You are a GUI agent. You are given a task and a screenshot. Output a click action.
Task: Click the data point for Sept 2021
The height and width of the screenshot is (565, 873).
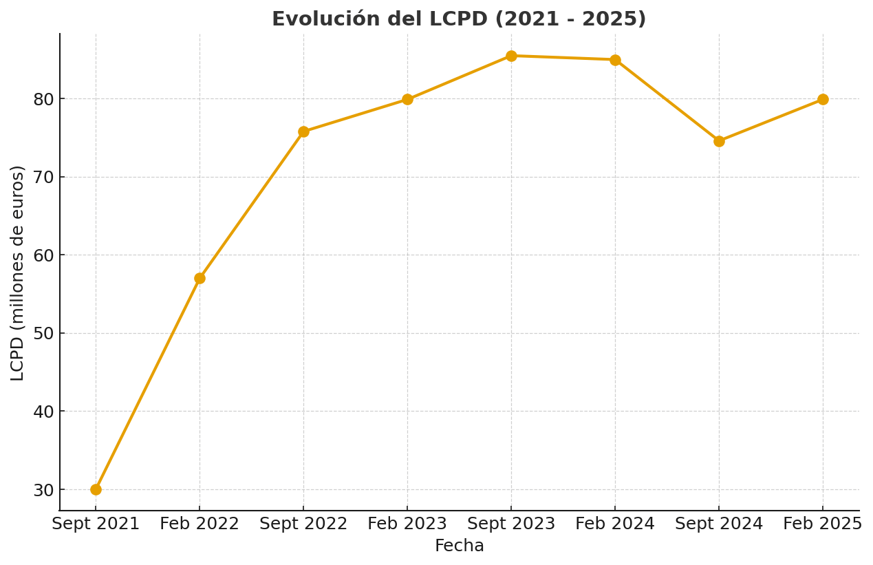tap(96, 489)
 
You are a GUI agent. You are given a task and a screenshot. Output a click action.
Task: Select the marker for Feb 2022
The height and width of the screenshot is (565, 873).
tap(200, 278)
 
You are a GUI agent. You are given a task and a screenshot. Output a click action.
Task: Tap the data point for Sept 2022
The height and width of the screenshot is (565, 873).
tap(303, 131)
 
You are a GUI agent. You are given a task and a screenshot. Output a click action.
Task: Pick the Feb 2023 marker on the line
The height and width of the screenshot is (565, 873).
tap(407, 99)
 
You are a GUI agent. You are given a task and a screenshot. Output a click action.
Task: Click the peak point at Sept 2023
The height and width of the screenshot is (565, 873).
tap(511, 56)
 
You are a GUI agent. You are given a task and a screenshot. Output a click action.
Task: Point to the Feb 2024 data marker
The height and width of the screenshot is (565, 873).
tap(615, 60)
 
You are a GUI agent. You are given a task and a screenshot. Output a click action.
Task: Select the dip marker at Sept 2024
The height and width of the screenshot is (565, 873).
tap(719, 141)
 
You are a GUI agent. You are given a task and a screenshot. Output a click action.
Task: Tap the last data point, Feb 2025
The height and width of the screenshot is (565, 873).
tap(823, 99)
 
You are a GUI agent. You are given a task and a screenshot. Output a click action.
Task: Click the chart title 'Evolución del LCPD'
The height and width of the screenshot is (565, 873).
tap(459, 19)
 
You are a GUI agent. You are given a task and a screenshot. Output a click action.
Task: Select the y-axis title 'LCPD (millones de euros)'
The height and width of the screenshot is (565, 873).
tap(18, 273)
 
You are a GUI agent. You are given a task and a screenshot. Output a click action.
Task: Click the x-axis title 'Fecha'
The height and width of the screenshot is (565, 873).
tap(459, 546)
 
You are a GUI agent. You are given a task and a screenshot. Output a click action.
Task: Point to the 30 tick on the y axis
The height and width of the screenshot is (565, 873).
tap(44, 490)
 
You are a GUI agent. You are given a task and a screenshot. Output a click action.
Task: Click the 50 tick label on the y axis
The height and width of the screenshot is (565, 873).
tap(44, 334)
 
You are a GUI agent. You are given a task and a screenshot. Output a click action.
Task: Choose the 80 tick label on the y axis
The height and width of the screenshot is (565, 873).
tap(44, 99)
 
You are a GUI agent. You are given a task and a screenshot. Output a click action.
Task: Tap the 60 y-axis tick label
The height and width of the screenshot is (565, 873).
tap(44, 255)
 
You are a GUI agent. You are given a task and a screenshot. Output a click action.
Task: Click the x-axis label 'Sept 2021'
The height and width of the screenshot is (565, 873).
tap(96, 524)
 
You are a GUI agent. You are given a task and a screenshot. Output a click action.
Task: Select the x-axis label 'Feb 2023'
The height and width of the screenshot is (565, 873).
tap(407, 524)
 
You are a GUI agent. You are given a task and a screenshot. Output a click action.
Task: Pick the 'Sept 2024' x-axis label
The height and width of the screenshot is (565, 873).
tap(719, 524)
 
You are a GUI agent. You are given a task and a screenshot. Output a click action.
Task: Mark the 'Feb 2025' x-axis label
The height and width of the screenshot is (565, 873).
tap(823, 524)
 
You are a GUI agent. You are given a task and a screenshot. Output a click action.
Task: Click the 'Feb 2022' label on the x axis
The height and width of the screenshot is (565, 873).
tap(200, 524)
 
